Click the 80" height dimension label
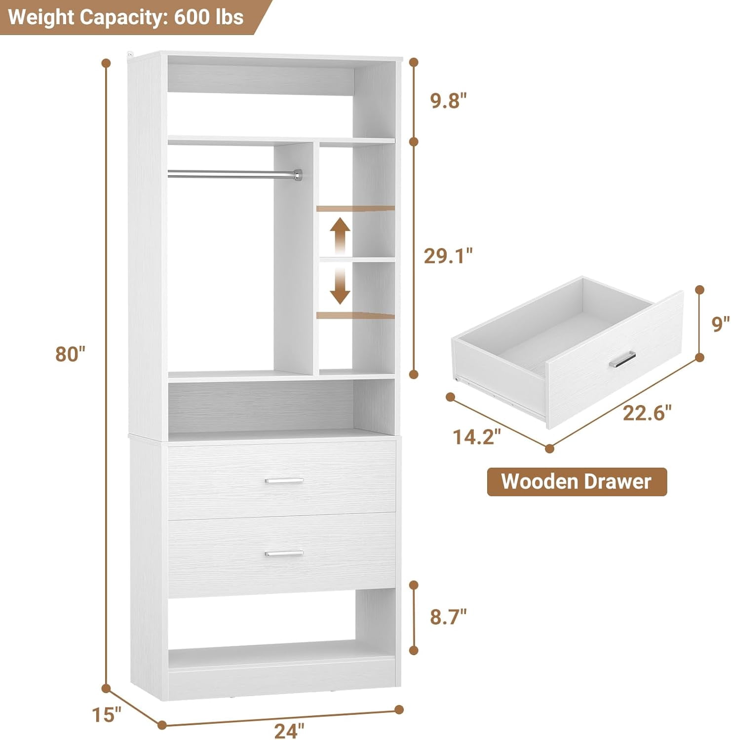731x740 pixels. [71, 354]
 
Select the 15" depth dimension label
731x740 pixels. [107, 714]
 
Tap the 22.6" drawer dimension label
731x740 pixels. [647, 412]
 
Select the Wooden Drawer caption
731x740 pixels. [577, 481]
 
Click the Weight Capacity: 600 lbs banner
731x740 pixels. [126, 17]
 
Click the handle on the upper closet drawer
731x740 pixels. [284, 481]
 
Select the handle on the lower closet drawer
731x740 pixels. [284, 554]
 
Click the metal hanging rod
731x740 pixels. [235, 173]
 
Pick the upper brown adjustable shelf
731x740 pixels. [355, 209]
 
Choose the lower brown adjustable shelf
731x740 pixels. [355, 315]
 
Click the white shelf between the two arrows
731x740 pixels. [357, 259]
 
